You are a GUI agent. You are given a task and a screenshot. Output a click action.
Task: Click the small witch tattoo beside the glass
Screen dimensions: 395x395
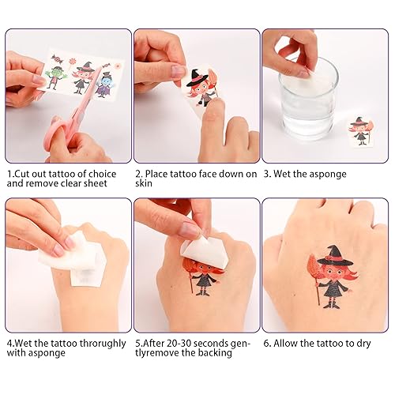click(359, 130)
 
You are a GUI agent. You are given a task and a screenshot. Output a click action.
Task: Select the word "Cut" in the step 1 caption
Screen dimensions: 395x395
click(24, 174)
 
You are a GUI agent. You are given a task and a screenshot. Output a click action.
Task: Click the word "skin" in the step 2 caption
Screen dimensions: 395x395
click(142, 183)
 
